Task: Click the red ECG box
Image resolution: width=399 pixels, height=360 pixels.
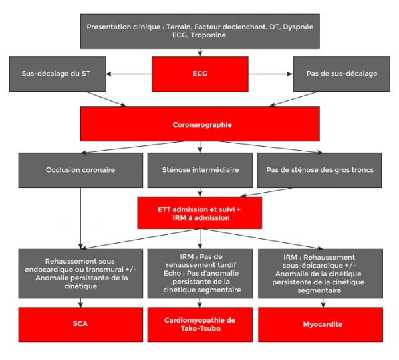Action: click(200, 74)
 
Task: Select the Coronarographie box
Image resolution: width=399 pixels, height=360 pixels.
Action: click(200, 124)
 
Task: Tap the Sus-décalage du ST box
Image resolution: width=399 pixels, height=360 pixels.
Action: click(57, 74)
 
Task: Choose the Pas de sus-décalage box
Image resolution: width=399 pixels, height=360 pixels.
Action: click(342, 74)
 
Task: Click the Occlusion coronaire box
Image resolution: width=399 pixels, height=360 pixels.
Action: click(80, 170)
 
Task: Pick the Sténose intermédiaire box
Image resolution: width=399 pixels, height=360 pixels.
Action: click(200, 170)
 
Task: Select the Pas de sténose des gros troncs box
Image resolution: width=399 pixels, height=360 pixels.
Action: click(319, 170)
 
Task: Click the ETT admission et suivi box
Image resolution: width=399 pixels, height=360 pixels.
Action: click(199, 213)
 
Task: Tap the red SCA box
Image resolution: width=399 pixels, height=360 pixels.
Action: click(80, 325)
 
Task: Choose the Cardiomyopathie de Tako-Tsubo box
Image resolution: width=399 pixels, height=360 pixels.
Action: click(200, 325)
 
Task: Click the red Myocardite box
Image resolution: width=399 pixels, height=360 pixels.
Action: click(321, 325)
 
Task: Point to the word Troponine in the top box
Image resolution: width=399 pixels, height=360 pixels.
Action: click(208, 35)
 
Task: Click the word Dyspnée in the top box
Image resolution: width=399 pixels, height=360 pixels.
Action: click(298, 27)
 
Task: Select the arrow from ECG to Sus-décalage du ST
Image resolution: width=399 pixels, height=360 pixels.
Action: click(129, 74)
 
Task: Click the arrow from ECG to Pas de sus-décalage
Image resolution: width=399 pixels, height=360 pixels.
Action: click(271, 74)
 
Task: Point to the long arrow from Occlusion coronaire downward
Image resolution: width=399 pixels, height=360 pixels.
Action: click(80, 219)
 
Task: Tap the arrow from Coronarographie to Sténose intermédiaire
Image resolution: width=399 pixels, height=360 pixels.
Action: click(200, 147)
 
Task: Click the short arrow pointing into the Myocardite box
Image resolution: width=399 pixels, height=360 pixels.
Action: click(323, 303)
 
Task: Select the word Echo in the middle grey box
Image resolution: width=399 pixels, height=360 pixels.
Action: click(172, 273)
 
